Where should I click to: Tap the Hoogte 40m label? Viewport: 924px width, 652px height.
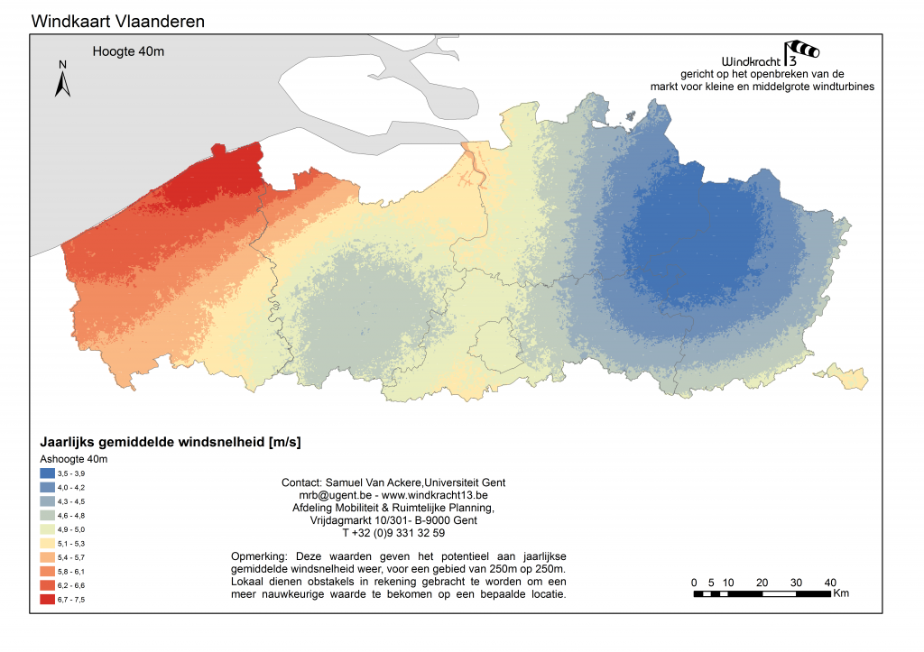[x=128, y=51]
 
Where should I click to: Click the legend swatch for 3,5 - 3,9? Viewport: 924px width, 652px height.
[x=47, y=473]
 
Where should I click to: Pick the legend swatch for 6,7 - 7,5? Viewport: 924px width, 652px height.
[x=47, y=599]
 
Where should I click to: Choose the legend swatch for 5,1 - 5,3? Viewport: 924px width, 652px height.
[x=47, y=543]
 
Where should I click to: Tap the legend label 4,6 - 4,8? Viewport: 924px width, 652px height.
[x=73, y=515]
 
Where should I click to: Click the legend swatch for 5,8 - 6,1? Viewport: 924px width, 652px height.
[x=47, y=571]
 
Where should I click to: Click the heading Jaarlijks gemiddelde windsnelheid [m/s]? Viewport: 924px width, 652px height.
[x=171, y=443]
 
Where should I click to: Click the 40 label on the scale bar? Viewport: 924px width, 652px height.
[x=830, y=582]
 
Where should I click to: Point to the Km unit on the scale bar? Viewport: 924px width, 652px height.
[x=842, y=593]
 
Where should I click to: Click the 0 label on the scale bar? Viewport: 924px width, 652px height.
[x=694, y=582]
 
